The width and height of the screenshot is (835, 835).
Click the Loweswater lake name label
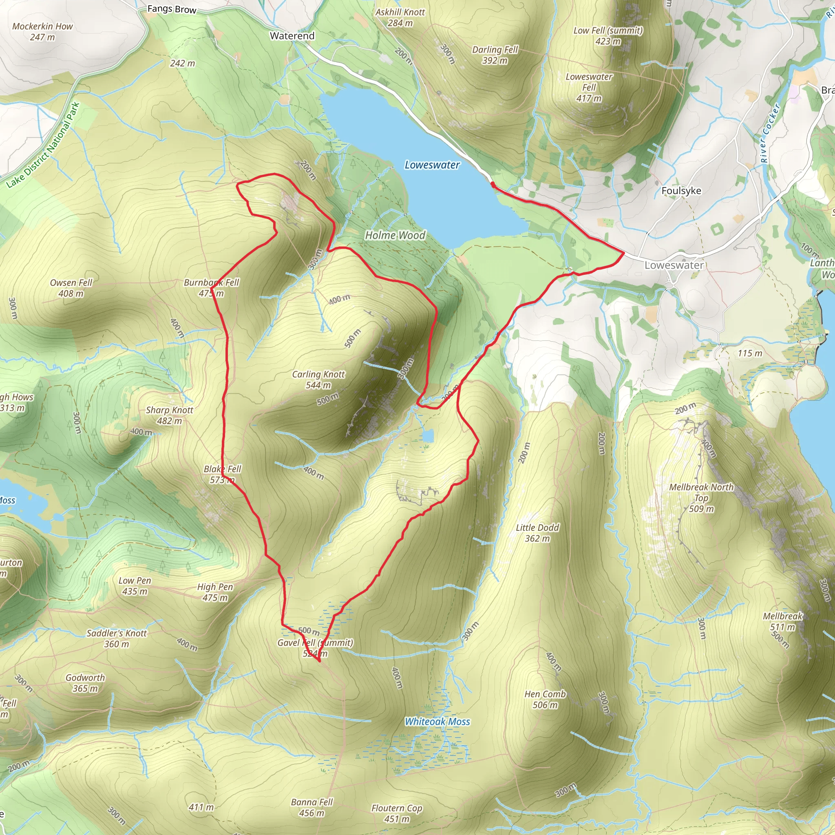[432, 165]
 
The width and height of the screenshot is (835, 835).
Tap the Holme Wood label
[395, 235]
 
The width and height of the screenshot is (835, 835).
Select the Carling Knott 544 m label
[318, 380]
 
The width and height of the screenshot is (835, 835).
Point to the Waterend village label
[292, 36]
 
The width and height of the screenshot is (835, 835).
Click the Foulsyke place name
[681, 190]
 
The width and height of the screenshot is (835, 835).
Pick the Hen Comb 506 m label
[545, 699]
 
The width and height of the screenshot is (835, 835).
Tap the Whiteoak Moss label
[437, 721]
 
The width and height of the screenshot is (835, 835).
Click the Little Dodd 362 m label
[537, 533]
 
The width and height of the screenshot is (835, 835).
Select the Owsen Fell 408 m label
[71, 288]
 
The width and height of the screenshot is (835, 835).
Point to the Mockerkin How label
[42, 31]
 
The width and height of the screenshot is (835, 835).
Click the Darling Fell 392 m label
[495, 55]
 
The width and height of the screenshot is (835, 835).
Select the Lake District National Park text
[43, 145]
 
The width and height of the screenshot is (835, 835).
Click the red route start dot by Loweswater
[493, 185]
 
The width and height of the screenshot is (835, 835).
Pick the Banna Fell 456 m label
[311, 807]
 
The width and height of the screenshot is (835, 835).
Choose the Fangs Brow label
[172, 9]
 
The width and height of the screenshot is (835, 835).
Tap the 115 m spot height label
[750, 353]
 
